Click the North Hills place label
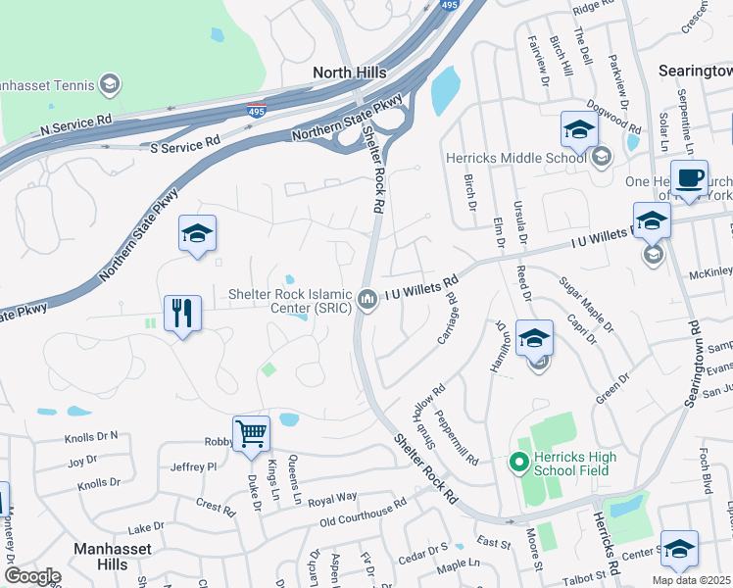pyautogui.click(x=349, y=73)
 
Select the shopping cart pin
pyautogui.click(x=252, y=433)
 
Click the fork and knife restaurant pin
pyautogui.click(x=182, y=314)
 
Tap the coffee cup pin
pyautogui.click(x=689, y=178)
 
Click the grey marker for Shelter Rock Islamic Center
pyautogui.click(x=367, y=299)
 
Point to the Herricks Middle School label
pyautogui.click(x=503, y=157)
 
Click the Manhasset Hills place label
pyautogui.click(x=112, y=557)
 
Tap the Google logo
pyautogui.click(x=32, y=576)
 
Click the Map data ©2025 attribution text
pyautogui.click(x=690, y=580)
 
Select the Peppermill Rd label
pyautogui.click(x=458, y=437)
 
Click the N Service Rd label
pyautogui.click(x=76, y=126)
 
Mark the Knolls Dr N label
pyautogui.click(x=92, y=435)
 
